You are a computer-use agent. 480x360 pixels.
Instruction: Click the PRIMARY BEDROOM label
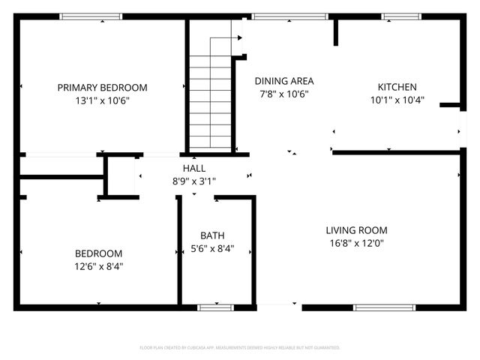click(x=102, y=87)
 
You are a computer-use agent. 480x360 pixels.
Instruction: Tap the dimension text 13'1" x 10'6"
click(x=102, y=100)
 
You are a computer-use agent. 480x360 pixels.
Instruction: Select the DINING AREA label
click(x=284, y=81)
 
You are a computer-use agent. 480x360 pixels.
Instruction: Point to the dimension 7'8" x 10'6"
click(x=284, y=94)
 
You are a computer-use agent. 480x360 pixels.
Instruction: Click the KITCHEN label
click(x=397, y=87)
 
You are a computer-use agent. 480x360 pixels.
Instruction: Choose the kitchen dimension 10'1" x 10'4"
click(x=397, y=100)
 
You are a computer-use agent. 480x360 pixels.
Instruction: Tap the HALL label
click(x=193, y=168)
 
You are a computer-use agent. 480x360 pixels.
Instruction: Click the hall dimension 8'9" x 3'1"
click(x=193, y=181)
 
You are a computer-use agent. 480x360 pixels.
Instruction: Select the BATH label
click(x=212, y=235)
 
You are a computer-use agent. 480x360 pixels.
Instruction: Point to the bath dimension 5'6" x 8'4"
click(x=212, y=248)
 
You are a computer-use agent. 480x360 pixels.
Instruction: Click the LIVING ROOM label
click(x=356, y=230)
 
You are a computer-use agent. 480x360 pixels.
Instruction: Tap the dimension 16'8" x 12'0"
click(x=356, y=243)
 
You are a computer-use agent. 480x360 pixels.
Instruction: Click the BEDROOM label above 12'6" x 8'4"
click(x=98, y=253)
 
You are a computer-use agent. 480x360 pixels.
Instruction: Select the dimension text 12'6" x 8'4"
click(x=98, y=266)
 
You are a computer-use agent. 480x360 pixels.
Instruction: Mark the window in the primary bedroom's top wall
click(x=90, y=16)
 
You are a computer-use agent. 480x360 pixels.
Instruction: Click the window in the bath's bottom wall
click(x=215, y=307)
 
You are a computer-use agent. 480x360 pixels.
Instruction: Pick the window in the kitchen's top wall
click(x=401, y=16)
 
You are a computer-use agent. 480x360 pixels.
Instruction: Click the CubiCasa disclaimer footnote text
click(x=240, y=348)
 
